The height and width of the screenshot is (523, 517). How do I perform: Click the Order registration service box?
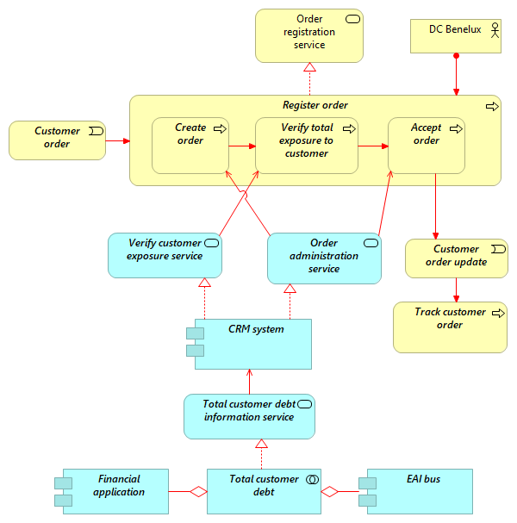coord(308,35)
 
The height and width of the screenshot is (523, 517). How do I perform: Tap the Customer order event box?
coord(57,140)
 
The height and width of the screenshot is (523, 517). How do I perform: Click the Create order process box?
coord(190,146)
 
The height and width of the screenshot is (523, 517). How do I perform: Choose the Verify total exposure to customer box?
coord(306,146)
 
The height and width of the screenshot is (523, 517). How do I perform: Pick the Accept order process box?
coord(427,146)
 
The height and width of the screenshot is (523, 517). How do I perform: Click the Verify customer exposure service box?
coord(165,255)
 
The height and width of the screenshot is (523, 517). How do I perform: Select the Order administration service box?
coord(324,258)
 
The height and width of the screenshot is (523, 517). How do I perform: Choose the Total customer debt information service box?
coord(249,416)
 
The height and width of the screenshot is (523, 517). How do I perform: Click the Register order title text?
coord(315,106)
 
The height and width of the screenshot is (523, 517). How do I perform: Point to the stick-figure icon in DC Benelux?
coord(495,30)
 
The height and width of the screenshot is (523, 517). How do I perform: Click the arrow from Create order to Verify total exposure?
coord(241,146)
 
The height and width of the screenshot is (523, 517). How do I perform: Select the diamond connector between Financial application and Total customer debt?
coord(199,491)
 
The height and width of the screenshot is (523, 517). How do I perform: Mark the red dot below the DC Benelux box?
coord(456,57)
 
